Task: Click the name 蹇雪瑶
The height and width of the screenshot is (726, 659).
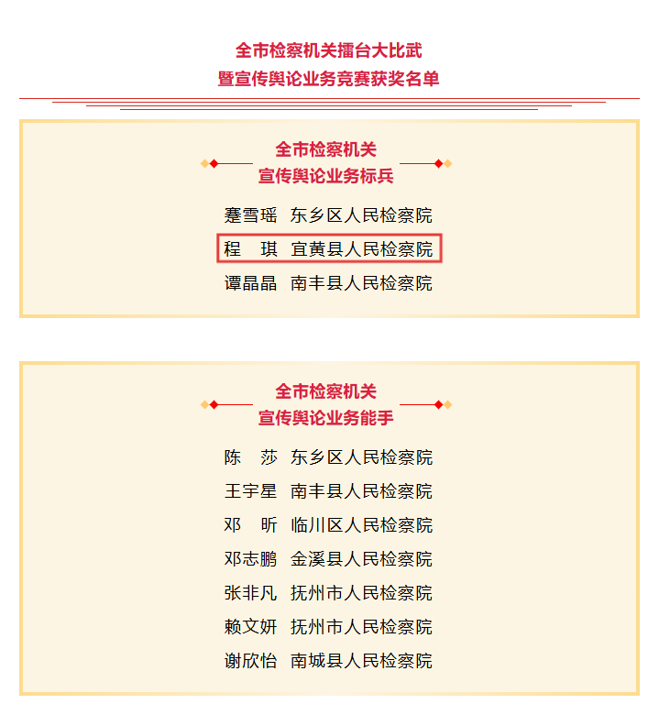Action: (x=250, y=215)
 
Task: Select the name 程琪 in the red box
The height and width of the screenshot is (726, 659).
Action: (x=250, y=249)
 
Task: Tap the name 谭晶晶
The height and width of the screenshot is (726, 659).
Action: (x=250, y=283)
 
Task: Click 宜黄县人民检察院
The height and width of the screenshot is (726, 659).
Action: (x=362, y=249)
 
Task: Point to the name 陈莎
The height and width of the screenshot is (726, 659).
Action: (x=250, y=457)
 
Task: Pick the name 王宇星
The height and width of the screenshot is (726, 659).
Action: (x=250, y=491)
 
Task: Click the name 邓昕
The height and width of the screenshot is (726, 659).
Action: (x=250, y=525)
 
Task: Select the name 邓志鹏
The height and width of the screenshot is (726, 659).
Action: (x=250, y=559)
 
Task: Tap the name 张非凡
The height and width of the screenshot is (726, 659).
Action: (x=250, y=593)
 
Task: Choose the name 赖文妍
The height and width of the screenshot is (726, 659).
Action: (x=250, y=627)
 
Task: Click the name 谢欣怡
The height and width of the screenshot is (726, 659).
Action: (x=250, y=661)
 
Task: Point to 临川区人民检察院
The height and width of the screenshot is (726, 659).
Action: (x=362, y=525)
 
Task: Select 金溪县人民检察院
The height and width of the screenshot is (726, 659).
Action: (x=362, y=559)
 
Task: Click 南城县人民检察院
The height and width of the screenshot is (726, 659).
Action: (x=362, y=661)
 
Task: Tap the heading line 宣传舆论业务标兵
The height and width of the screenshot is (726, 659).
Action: (x=326, y=176)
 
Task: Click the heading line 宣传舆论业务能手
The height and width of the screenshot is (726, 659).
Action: (x=326, y=418)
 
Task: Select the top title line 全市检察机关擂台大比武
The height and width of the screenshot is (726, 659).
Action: (x=329, y=50)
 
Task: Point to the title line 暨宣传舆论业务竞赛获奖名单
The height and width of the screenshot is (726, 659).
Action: (x=329, y=79)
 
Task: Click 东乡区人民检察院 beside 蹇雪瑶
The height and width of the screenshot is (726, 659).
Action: (x=362, y=215)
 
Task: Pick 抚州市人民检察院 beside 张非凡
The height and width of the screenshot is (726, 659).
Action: (x=362, y=593)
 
